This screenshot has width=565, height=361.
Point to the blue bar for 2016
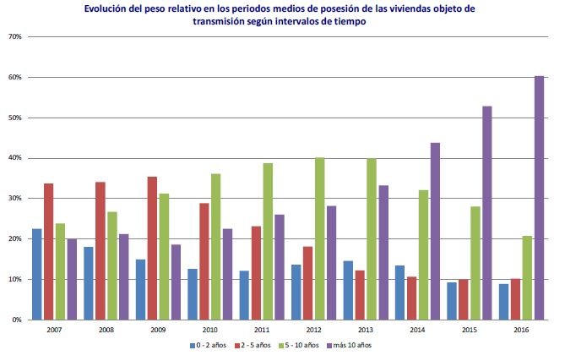[503, 302]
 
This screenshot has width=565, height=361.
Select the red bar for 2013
[360, 295]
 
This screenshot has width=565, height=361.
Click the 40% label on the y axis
[14, 158]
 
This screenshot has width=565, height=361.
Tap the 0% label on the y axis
[16, 320]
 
